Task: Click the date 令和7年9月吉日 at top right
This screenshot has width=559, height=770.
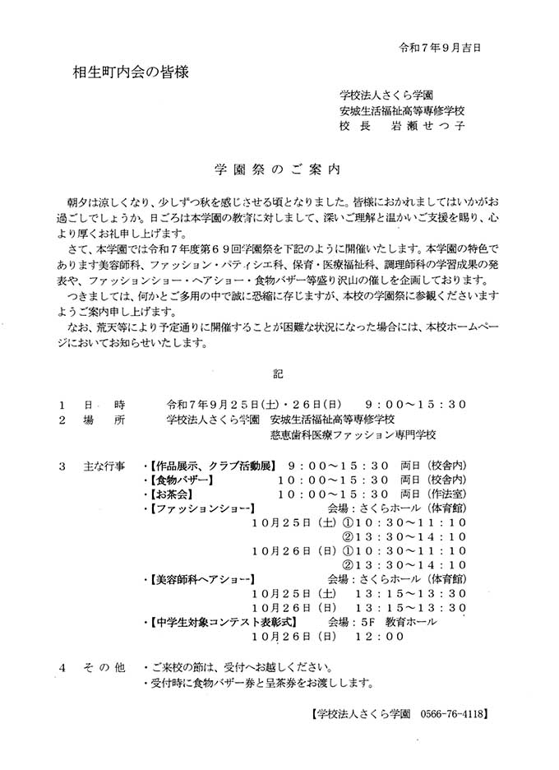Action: coord(441,47)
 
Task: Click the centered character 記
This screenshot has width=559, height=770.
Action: coord(278,373)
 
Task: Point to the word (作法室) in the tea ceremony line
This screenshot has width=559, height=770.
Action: coord(444,494)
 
